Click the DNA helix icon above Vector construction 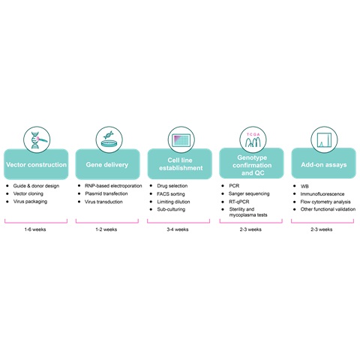tap(37, 139)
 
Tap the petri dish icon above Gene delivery tap(109, 139)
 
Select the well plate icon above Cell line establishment tap(181, 139)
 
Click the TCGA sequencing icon tap(253, 139)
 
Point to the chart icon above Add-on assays tap(324, 139)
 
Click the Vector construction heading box tap(36, 164)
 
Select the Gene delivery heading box tap(107, 164)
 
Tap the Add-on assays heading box tap(324, 163)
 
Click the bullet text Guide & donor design tap(36, 186)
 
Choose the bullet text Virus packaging tap(30, 202)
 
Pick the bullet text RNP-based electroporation tap(113, 186)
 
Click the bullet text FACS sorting tap(171, 194)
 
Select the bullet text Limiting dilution tap(173, 202)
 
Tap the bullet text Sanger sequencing tap(249, 193)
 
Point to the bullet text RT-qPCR tap(239, 202)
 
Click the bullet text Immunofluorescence tap(322, 194)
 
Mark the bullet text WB tap(304, 186)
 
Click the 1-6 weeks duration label tap(35, 229)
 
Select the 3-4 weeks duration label tap(178, 229)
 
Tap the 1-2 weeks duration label tap(106, 229)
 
